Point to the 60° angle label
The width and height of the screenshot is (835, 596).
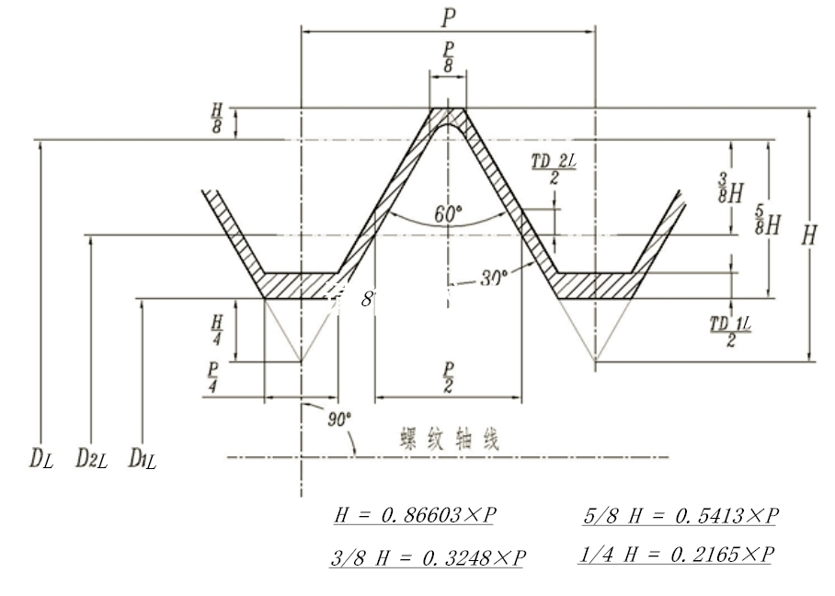tap(448, 214)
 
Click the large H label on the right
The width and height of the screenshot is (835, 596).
tap(809, 235)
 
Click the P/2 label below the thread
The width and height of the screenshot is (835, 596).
tap(448, 378)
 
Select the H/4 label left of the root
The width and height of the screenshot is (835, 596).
tap(217, 329)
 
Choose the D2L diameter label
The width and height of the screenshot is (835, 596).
tap(91, 456)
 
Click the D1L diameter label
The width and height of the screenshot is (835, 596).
tap(143, 456)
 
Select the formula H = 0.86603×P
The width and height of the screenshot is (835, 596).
tap(414, 516)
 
